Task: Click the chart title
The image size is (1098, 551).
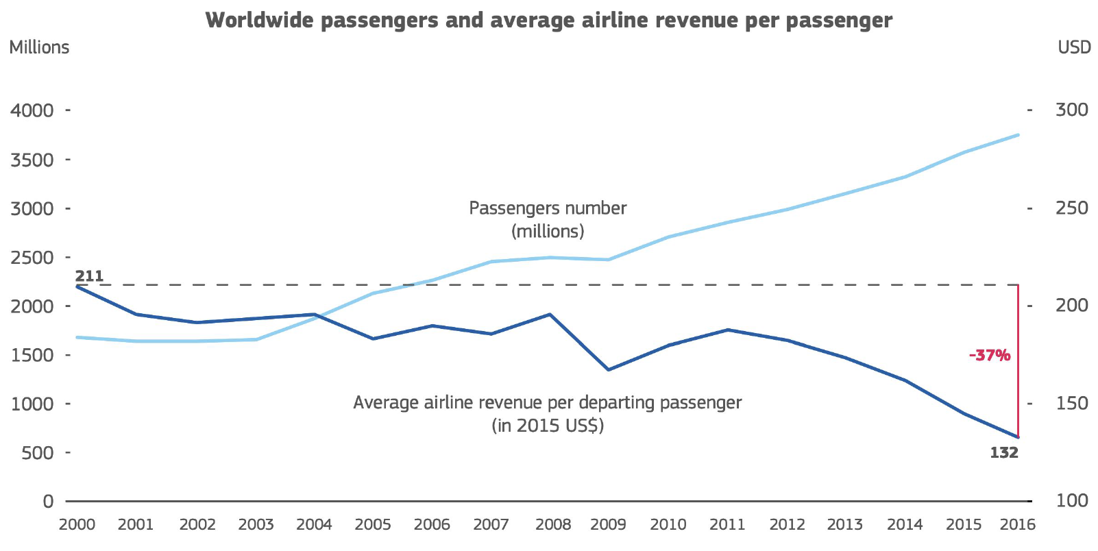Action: click(548, 20)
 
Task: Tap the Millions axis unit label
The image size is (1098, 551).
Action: click(39, 47)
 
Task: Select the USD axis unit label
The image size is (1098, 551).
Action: click(1074, 47)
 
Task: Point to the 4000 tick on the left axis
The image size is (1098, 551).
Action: click(32, 110)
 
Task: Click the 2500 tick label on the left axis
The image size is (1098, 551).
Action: click(32, 258)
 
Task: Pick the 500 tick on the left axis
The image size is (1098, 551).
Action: click(37, 453)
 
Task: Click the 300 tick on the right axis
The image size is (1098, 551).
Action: click(1071, 110)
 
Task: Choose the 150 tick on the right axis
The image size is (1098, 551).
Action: click(1071, 404)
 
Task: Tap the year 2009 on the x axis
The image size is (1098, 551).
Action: click(608, 525)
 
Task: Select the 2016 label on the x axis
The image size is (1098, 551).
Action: click(1018, 525)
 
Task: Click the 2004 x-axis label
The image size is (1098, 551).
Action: click(314, 525)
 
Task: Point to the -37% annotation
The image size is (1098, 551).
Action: click(989, 355)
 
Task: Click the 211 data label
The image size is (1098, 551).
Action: click(89, 276)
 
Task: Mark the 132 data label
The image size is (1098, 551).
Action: click(1003, 453)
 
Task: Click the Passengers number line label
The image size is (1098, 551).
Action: click(548, 219)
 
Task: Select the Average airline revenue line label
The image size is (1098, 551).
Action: click(547, 414)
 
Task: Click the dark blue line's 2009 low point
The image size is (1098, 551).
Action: click(608, 370)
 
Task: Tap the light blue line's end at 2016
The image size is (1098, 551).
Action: click(1018, 135)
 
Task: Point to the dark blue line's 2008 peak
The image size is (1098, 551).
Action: click(550, 315)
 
